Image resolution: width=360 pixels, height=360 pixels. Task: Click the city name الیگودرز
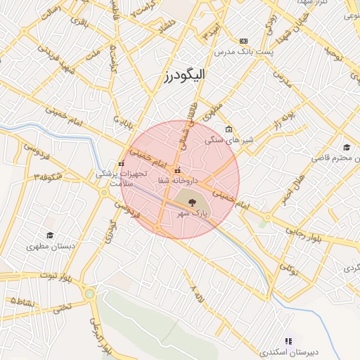click(x=167, y=77)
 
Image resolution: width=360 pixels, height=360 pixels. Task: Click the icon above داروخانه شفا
click(x=176, y=169)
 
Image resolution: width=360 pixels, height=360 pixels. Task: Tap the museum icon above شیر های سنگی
click(x=229, y=129)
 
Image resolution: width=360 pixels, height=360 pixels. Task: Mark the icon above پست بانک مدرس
click(x=243, y=41)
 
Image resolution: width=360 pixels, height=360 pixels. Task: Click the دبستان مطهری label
click(x=46, y=247)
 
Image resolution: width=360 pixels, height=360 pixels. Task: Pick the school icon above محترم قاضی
click(x=346, y=147)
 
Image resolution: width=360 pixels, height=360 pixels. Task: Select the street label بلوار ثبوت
click(x=53, y=274)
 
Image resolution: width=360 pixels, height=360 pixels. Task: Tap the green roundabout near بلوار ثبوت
click(x=89, y=293)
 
